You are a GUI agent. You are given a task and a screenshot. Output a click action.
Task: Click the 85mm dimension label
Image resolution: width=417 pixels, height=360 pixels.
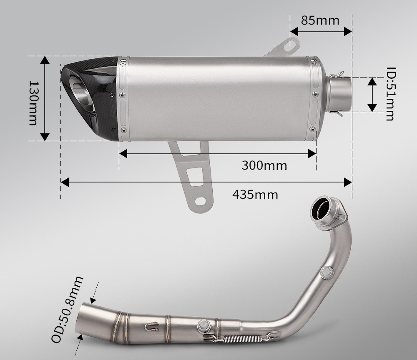[320, 20]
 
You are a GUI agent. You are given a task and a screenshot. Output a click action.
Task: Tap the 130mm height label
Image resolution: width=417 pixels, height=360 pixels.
[33, 103]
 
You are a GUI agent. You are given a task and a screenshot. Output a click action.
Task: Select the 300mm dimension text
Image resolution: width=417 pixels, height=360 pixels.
[264, 165]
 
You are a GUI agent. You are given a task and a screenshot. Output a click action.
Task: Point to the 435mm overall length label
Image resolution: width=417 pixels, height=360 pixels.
[255, 195]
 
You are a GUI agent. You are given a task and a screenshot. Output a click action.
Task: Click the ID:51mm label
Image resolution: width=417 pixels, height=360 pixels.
[390, 94]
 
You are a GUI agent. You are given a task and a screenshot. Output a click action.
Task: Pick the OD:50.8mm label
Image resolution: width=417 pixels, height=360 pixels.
[67, 310]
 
